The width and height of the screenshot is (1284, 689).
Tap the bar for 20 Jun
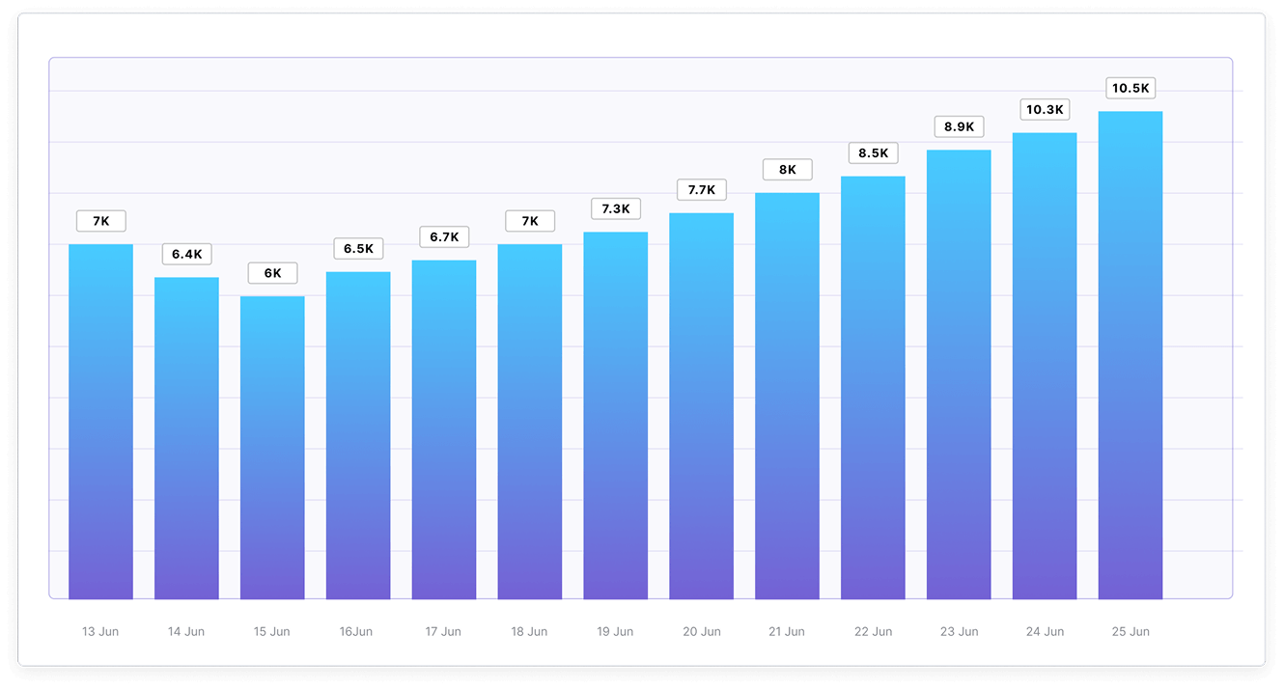coord(701,405)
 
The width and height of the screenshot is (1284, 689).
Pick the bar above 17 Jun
coord(444,429)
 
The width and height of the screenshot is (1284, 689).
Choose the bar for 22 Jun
coord(873,387)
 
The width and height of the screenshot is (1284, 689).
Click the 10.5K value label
coord(1130,89)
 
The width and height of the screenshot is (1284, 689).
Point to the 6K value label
coord(272,273)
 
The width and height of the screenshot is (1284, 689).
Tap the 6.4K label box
coord(186,255)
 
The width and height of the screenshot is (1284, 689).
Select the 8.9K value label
coord(959,126)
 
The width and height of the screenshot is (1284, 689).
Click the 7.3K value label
coord(615,208)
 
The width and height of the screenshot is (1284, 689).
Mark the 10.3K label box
coord(1044,110)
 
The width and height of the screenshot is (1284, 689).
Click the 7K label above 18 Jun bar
coord(530,221)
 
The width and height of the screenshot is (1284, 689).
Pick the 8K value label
coord(787,170)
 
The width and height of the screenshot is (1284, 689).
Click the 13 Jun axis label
coord(100,632)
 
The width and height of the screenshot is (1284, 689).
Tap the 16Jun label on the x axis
coord(357,632)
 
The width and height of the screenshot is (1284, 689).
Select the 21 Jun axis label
coord(787,632)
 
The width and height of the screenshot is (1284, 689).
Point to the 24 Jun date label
coord(1045,632)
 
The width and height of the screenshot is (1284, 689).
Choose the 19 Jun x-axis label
coord(615,632)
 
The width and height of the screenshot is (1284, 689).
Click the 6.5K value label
coord(358,249)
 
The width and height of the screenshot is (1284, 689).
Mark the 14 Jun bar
coord(186,438)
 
